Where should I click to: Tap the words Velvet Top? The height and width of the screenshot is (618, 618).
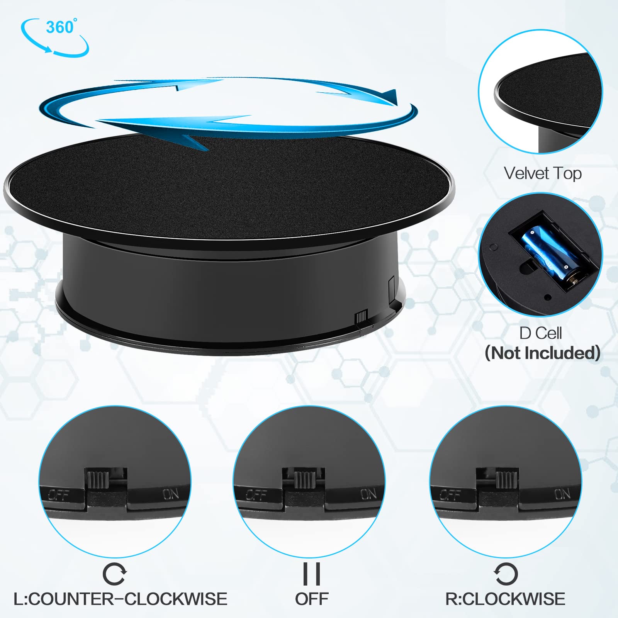[543, 173]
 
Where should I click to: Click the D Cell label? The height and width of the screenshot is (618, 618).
[540, 333]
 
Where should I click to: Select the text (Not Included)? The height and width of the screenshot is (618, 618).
[543, 353]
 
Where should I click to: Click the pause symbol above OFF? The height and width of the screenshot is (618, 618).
[312, 574]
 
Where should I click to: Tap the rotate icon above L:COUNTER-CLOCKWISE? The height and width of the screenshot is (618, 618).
[114, 574]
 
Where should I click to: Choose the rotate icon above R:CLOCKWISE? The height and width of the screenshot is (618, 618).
[506, 574]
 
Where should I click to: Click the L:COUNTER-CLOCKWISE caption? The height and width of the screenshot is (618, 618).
[121, 599]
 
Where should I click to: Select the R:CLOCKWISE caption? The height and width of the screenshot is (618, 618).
[505, 599]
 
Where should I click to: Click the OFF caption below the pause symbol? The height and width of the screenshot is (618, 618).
[312, 599]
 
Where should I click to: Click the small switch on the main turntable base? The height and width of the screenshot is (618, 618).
[361, 317]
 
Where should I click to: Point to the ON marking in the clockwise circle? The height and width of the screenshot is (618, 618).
[562, 494]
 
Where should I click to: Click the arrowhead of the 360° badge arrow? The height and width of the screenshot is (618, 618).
[48, 49]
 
